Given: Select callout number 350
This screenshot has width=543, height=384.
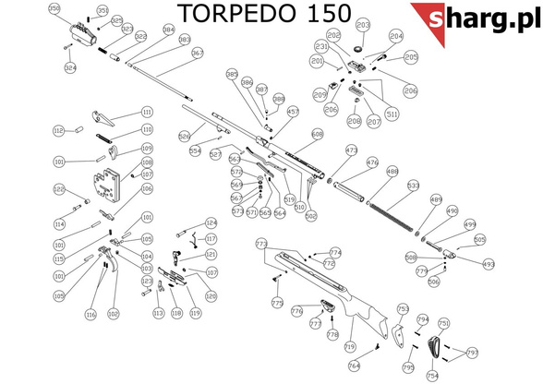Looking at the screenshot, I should [54, 8].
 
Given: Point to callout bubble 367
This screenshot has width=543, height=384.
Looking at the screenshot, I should [198, 54].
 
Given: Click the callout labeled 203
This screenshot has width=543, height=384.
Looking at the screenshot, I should [362, 24].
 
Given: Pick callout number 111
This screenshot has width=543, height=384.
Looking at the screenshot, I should [146, 112].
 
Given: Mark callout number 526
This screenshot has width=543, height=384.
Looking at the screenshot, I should [184, 135].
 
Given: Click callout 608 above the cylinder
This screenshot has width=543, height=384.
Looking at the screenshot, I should [319, 135].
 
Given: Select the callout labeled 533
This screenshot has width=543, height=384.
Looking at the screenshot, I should [413, 186].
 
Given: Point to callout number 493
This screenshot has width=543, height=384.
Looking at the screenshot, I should [489, 264].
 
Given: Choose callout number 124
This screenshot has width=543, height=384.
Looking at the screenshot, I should [211, 222].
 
